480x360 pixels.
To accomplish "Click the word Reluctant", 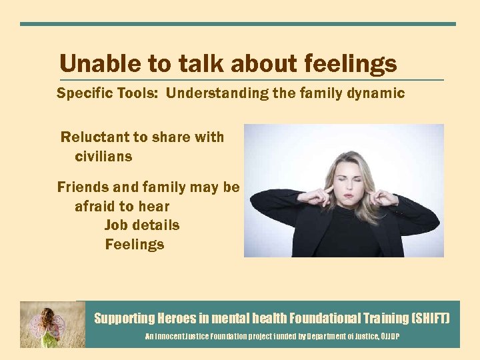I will [94, 137].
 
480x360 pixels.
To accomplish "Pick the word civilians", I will [103, 157].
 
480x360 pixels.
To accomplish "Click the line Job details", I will [142, 225].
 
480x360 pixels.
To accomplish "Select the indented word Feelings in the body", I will [135, 245].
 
